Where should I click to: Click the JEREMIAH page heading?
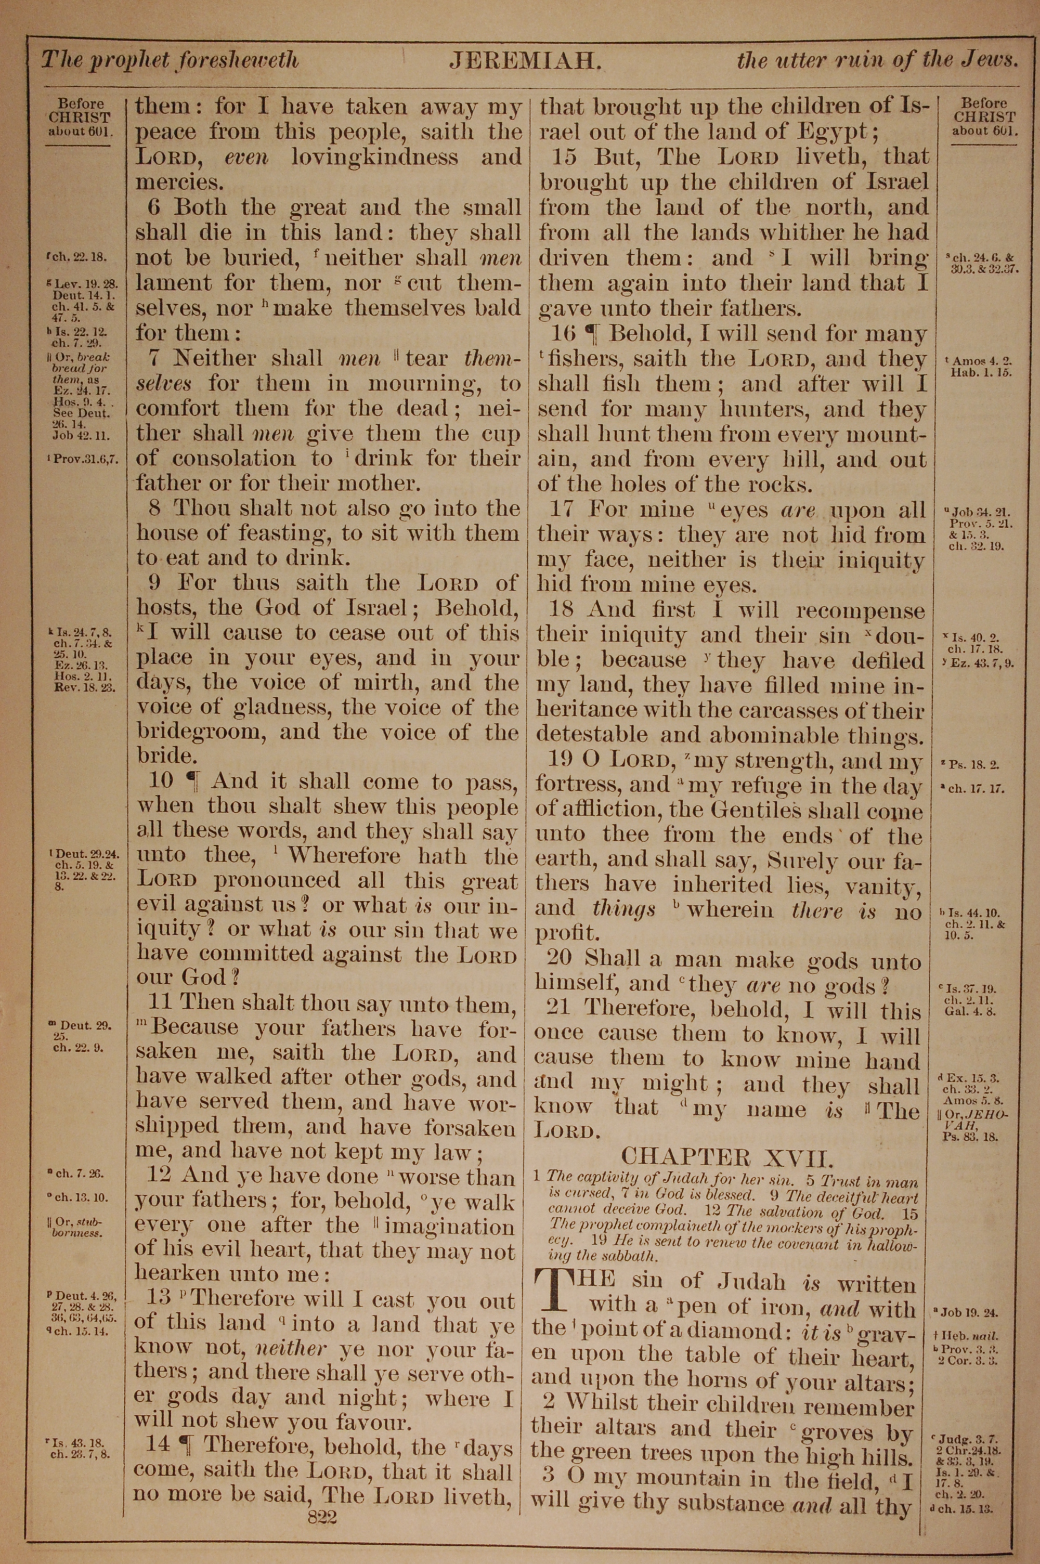click(x=525, y=61)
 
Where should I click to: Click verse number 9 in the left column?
click(x=155, y=583)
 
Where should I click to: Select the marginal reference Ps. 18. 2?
click(x=970, y=764)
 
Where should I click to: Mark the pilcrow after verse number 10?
click(x=193, y=781)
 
